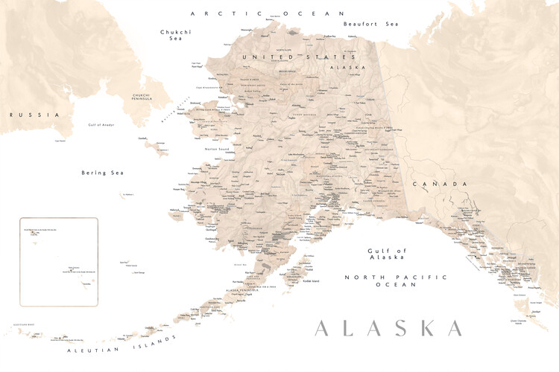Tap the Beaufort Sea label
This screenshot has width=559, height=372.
click(x=371, y=24)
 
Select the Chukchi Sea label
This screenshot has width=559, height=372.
click(x=176, y=35)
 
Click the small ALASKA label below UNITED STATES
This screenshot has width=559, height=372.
click(x=348, y=67)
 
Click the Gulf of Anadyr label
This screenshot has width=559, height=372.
click(x=103, y=125)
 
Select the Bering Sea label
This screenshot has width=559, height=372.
click(x=102, y=173)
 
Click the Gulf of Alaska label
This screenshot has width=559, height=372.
click(x=386, y=254)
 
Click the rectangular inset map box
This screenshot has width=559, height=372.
click(x=58, y=262)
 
